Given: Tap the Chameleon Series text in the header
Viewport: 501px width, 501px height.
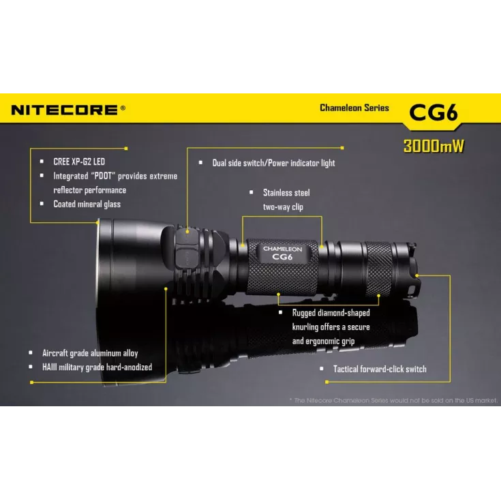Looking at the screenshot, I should pos(354,108).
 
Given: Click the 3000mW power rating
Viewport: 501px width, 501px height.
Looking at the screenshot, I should pos(434,146).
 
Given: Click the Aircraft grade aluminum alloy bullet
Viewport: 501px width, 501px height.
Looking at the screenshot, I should pos(89,353).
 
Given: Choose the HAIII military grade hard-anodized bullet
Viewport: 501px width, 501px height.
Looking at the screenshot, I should pos(97,367).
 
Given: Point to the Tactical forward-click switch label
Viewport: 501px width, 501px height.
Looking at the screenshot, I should pos(379,369).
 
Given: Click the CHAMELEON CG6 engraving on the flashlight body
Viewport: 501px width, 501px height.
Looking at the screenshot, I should pos(283,254).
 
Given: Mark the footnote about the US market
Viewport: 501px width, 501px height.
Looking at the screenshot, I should pos(393,401).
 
